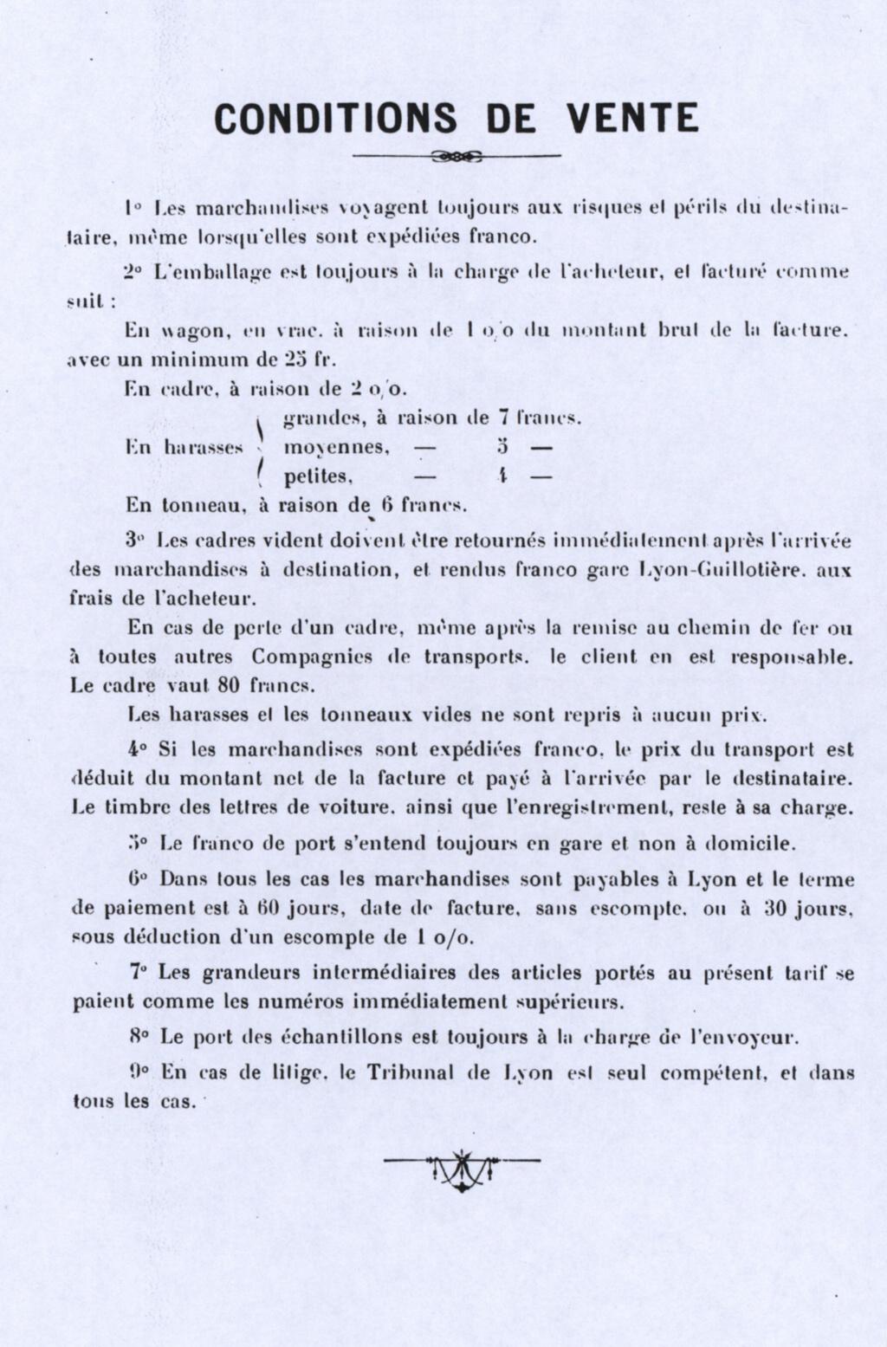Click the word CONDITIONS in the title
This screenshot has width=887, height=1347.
coord(336,118)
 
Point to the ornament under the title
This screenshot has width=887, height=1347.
coord(456,157)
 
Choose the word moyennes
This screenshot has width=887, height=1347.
coord(337,449)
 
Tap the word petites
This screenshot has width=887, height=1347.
coord(319,476)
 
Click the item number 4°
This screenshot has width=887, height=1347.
coord(136,749)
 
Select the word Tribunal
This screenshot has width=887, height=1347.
coord(406,1072)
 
